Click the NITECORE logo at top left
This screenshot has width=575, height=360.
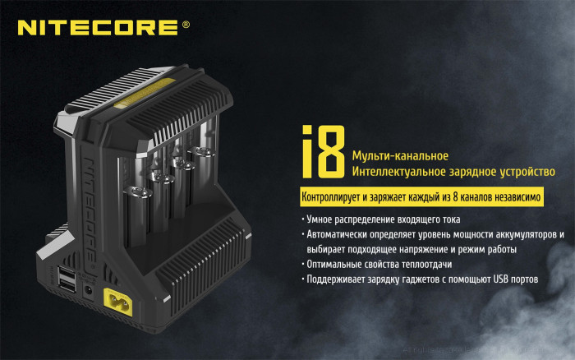click(97, 27)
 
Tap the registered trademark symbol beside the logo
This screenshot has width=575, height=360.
click(186, 25)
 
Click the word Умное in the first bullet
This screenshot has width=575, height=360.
click(320, 219)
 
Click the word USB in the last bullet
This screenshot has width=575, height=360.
click(504, 279)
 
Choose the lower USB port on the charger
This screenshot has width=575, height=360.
click(67, 287)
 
